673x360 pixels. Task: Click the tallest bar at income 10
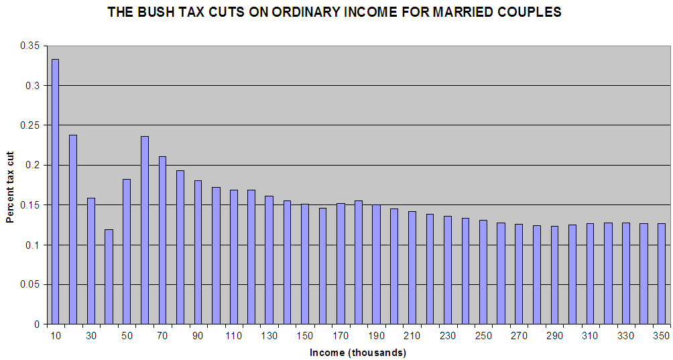pyautogui.click(x=55, y=191)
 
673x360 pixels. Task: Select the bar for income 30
pyautogui.click(x=90, y=261)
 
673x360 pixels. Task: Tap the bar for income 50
pyautogui.click(x=126, y=251)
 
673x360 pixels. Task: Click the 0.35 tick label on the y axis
pyautogui.click(x=30, y=46)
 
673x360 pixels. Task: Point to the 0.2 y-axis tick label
pyautogui.click(x=33, y=165)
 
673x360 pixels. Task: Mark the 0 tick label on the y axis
pyautogui.click(x=38, y=324)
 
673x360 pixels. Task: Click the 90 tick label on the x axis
pyautogui.click(x=198, y=335)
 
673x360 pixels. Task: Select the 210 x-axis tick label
pyautogui.click(x=412, y=335)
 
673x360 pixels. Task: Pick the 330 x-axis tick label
pyautogui.click(x=625, y=335)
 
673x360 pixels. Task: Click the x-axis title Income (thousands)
pyautogui.click(x=358, y=352)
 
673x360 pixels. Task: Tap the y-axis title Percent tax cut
pyautogui.click(x=10, y=186)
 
